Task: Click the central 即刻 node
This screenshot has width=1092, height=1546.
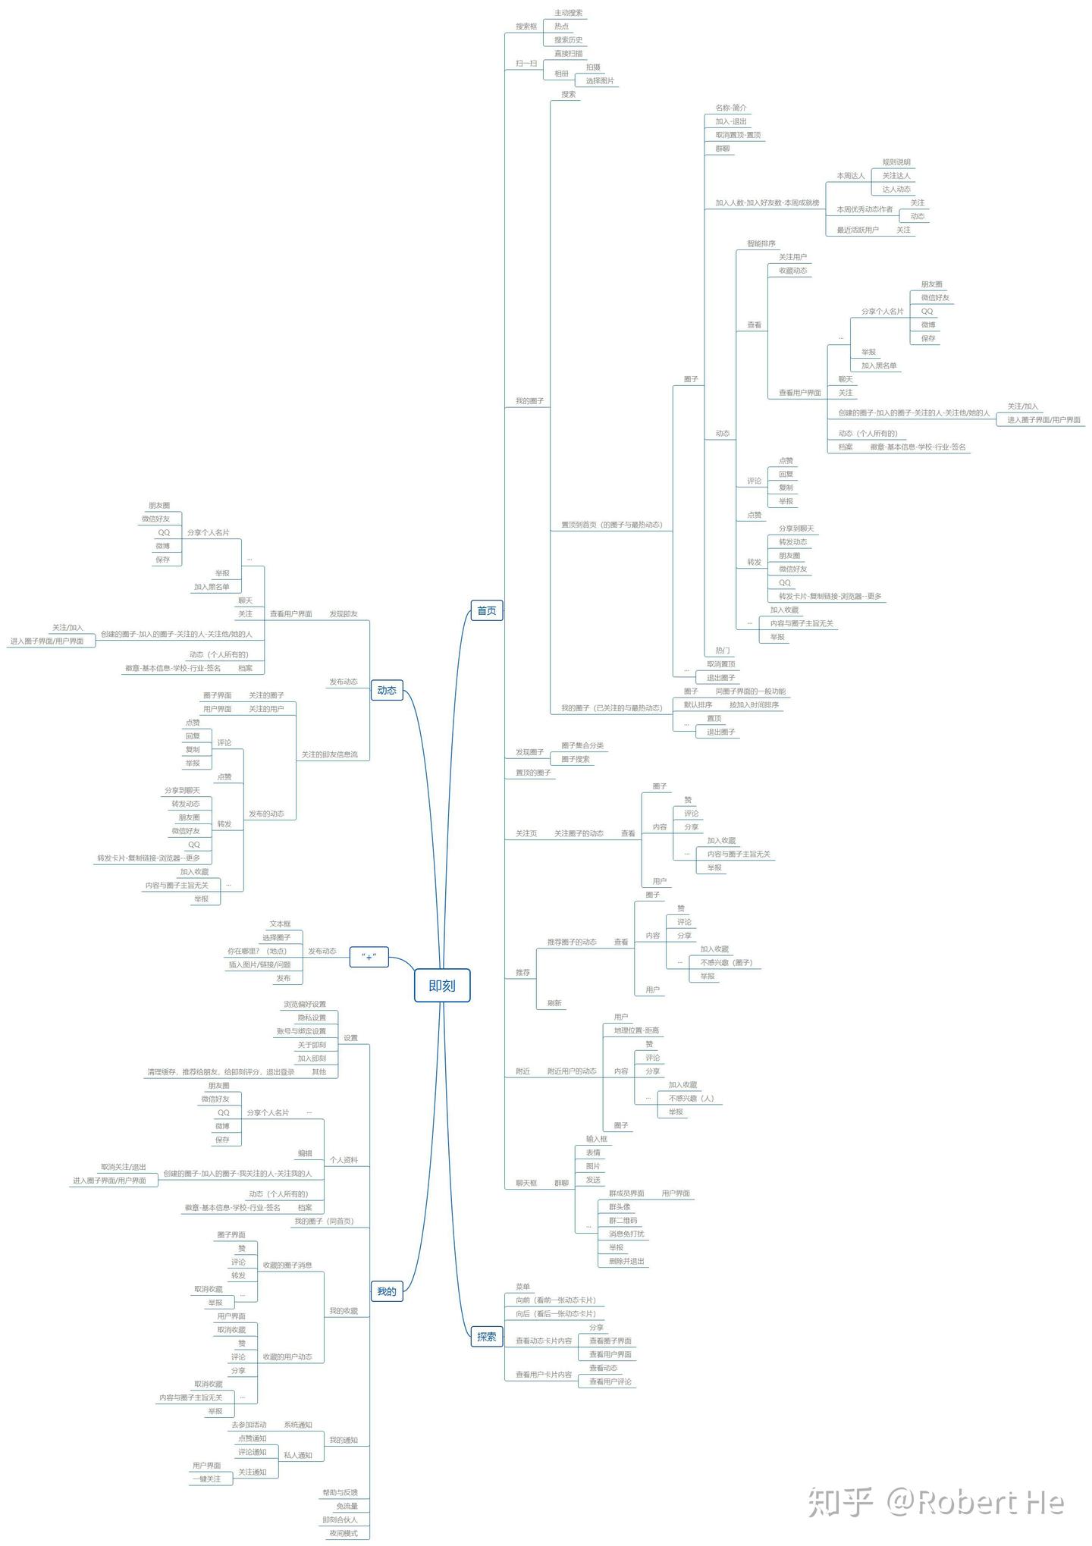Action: [x=442, y=986]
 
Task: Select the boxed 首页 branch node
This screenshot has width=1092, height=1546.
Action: [x=486, y=610]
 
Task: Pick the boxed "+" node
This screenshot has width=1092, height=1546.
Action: [x=369, y=957]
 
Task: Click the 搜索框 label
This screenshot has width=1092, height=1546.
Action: [x=526, y=27]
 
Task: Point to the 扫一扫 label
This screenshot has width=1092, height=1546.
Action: [x=526, y=64]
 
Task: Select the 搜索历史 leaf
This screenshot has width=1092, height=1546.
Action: [x=568, y=40]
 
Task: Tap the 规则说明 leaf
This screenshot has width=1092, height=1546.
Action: [x=896, y=162]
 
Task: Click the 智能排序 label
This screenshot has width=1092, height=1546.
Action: [x=761, y=244]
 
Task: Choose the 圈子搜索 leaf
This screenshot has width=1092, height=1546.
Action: [x=575, y=759]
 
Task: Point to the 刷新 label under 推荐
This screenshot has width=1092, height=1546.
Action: [x=554, y=1003]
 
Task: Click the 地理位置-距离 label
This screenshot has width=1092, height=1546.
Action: [x=636, y=1030]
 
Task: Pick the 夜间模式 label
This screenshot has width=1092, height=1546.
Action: [x=343, y=1533]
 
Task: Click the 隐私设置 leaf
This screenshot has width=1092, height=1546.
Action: [x=312, y=1018]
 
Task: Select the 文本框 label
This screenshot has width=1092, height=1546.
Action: [x=280, y=924]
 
